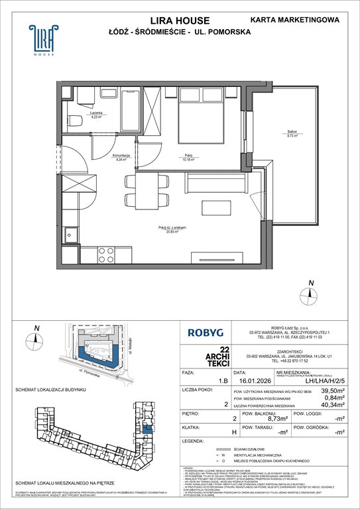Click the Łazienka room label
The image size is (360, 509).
click(96, 115)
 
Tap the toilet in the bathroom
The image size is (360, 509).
click(75, 120)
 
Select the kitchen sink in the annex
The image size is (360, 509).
click(70, 233)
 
